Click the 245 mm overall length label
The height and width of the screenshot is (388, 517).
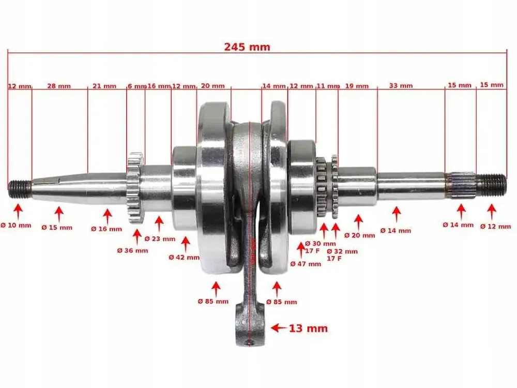pos(247,47)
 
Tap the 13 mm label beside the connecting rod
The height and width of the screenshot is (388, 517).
pos(308,329)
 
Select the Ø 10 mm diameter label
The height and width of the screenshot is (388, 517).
pos(16,226)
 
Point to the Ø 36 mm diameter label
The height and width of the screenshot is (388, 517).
pos(132,251)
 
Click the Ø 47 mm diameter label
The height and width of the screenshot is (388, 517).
pos(306,264)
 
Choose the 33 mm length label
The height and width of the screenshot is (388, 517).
pos(401,86)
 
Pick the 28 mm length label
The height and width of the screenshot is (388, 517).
pos(59,86)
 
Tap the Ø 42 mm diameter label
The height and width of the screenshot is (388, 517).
pos(184,257)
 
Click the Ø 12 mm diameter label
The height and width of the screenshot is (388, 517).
pos(495,227)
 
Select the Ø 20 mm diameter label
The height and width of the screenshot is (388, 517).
pos(359,235)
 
